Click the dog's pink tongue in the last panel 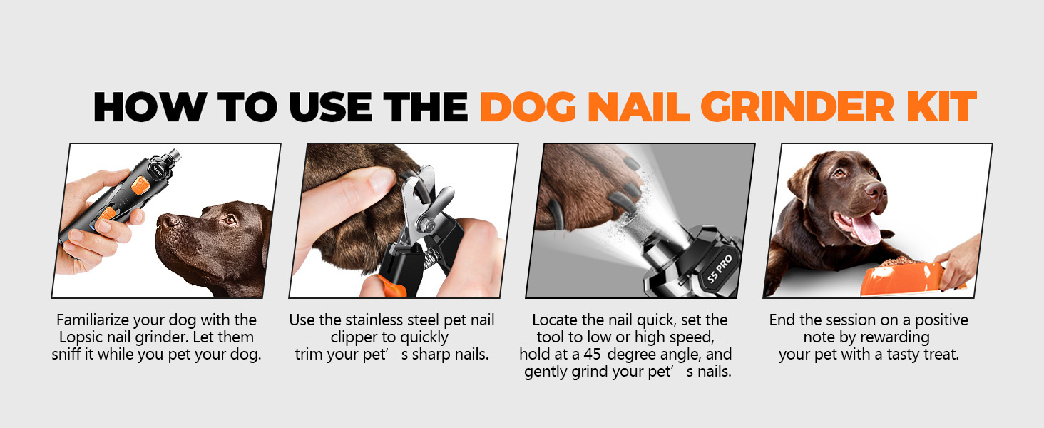click(866, 230)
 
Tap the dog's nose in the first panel click(165, 220)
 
